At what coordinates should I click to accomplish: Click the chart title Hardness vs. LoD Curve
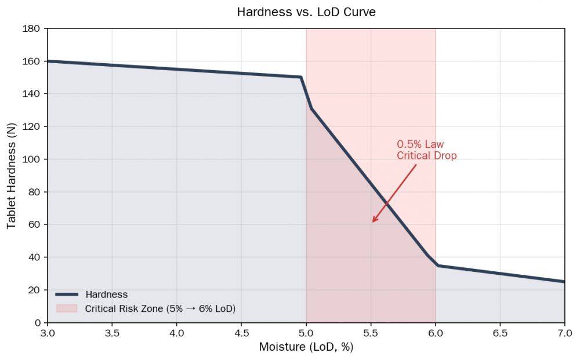tap(306, 12)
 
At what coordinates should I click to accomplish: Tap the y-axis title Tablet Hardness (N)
tap(12, 175)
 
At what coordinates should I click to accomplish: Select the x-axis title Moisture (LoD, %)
tap(306, 347)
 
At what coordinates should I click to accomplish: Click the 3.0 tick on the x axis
tap(48, 333)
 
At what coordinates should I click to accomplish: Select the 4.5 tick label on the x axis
tap(241, 333)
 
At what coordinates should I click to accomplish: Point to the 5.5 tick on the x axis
tap(371, 333)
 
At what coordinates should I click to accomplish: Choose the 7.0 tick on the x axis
tap(564, 333)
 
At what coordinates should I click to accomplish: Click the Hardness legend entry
tap(106, 294)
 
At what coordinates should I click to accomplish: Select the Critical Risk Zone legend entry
tap(160, 308)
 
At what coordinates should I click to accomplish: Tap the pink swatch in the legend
tap(67, 308)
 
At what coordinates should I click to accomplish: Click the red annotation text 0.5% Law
tap(420, 144)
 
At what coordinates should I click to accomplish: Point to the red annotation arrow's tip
tap(373, 221)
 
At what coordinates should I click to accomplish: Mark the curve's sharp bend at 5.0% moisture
tap(302, 77)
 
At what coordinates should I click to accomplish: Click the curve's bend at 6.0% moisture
tap(437, 266)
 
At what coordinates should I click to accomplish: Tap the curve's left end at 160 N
tap(48, 61)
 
